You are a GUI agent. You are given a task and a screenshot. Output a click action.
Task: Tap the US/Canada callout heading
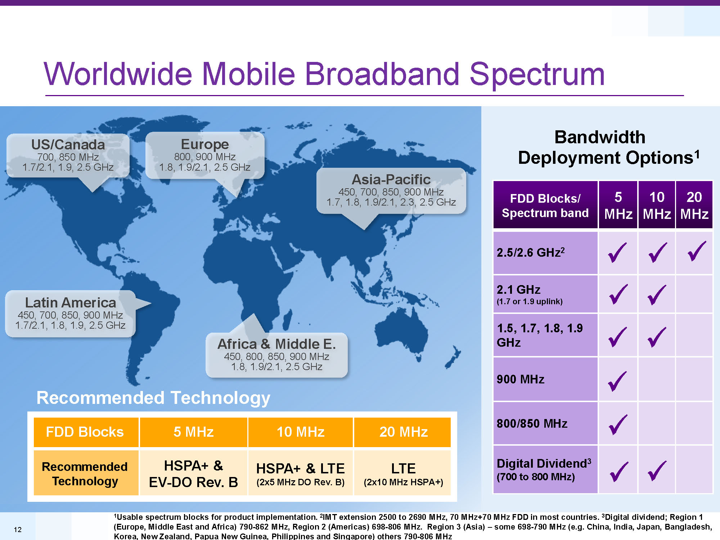pos(68,144)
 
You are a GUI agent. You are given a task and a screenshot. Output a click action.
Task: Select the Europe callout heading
pos(205,144)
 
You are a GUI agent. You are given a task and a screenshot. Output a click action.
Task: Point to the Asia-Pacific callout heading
pos(391,179)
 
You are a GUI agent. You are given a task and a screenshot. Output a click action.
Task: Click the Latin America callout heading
pos(71,302)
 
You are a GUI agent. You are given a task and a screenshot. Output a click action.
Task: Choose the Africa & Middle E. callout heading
pos(276,344)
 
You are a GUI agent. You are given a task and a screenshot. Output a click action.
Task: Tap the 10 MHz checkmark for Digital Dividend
pos(657,471)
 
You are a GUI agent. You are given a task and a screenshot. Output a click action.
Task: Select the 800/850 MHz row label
pos(532,423)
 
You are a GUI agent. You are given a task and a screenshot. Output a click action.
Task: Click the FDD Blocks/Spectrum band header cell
pos(545,205)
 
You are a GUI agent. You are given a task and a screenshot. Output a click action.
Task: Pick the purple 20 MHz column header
pos(694,205)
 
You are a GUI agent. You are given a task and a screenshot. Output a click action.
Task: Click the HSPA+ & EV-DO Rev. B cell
pos(194,473)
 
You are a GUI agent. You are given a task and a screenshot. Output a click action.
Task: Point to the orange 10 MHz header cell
pos(301,432)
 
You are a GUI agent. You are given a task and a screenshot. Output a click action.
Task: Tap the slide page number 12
pos(18,530)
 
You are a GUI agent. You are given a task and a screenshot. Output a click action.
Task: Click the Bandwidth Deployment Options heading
pos(608,147)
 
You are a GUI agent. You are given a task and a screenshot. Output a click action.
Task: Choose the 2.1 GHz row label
pos(529,294)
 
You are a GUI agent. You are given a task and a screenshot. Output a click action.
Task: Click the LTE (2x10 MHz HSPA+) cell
pos(403,473)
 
